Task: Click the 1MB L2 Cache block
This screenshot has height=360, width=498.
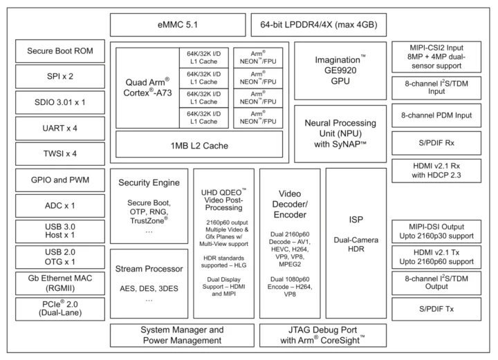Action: click(x=199, y=146)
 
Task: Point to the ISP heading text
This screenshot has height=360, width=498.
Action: click(x=356, y=219)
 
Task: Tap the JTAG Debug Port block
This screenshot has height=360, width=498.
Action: click(x=322, y=334)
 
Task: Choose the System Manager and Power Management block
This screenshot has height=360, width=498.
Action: click(x=182, y=334)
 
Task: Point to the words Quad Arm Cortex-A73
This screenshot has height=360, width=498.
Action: click(x=147, y=87)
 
